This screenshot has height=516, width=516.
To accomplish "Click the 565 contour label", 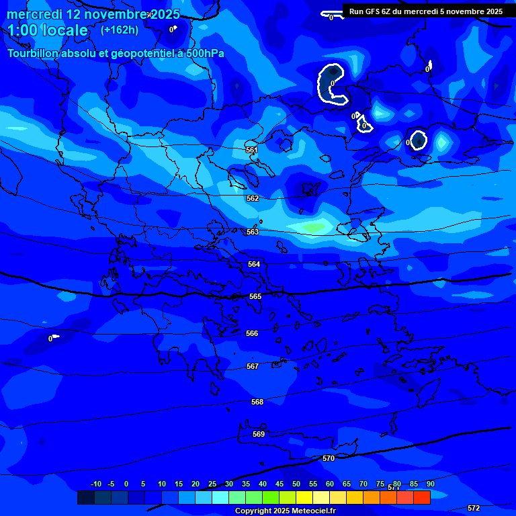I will pyautogui.click(x=255, y=296).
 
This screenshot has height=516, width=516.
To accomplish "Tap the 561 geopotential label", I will pyautogui.click(x=252, y=150).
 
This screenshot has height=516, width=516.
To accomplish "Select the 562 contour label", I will pyautogui.click(x=253, y=198).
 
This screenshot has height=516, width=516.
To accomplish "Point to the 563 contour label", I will pyautogui.click(x=253, y=232).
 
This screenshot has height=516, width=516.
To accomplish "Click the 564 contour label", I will pyautogui.click(x=254, y=264).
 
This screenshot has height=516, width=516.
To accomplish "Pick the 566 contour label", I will pyautogui.click(x=252, y=333).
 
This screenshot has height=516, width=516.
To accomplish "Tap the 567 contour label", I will pyautogui.click(x=253, y=366).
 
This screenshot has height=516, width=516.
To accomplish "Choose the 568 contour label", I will pyautogui.click(x=257, y=402).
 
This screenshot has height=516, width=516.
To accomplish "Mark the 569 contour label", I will pyautogui.click(x=259, y=434).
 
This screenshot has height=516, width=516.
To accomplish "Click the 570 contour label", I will pyautogui.click(x=329, y=458).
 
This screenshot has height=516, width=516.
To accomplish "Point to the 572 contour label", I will pyautogui.click(x=474, y=508).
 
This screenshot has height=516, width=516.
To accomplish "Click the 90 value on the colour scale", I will pyautogui.click(x=431, y=484).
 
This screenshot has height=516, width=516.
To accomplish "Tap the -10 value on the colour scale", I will pyautogui.click(x=95, y=484).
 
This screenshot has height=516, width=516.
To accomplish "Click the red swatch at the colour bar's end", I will pyautogui.click(x=422, y=497).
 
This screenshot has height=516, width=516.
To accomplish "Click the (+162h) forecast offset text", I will pyautogui.click(x=120, y=30).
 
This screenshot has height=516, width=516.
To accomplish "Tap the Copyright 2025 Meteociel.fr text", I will pyautogui.click(x=285, y=511).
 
